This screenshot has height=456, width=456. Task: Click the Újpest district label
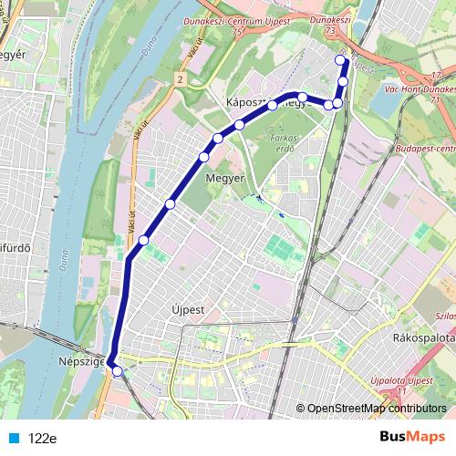[188, 309]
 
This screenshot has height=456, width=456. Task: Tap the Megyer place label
[224, 178]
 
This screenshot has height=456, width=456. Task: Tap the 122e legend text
[43, 438]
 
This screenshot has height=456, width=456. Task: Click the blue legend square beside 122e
[15, 438]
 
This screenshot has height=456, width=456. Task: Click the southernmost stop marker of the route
[116, 369]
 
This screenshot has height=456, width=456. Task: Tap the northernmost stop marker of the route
[341, 61]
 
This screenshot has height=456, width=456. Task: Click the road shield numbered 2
[181, 81]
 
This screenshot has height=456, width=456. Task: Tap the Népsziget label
[80, 362]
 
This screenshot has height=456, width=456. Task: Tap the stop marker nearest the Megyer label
[204, 158]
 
